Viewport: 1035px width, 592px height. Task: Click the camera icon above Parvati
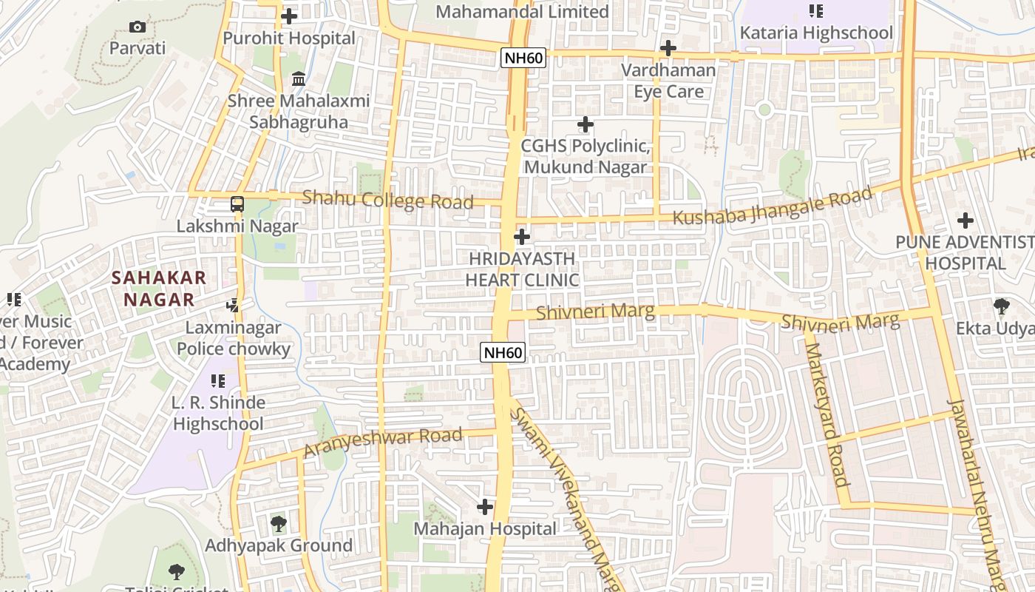click(138, 27)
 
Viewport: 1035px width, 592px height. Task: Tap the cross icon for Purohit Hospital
click(289, 16)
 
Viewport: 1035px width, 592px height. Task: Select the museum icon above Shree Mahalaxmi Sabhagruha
click(299, 78)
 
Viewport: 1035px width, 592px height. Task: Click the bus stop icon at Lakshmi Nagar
click(237, 204)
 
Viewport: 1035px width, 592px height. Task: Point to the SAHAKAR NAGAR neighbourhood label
click(159, 289)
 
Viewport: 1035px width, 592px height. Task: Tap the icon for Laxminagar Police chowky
click(233, 305)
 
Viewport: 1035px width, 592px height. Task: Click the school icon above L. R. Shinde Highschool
click(217, 381)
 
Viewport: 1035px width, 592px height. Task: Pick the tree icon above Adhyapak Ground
click(278, 524)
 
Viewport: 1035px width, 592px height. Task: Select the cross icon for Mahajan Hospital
click(485, 507)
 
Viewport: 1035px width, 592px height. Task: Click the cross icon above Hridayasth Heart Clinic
click(522, 237)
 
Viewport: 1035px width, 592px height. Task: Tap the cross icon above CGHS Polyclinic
click(585, 124)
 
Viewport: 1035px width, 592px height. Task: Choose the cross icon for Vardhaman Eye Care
click(668, 49)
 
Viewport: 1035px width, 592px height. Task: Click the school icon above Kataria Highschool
click(816, 11)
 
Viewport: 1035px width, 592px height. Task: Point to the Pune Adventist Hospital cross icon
click(965, 221)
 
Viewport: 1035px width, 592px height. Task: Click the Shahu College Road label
click(387, 200)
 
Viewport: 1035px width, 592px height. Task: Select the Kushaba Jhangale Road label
click(773, 207)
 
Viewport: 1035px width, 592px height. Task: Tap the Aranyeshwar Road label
click(383, 443)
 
